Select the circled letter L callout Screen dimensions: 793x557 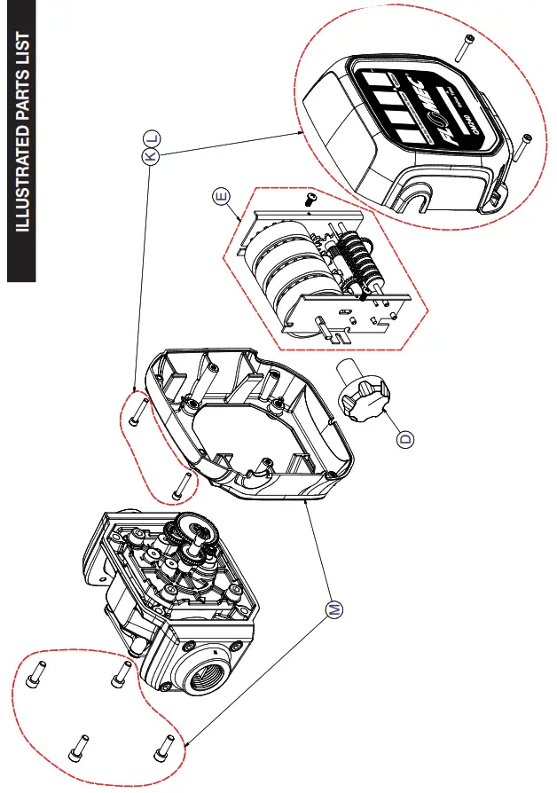click(151, 137)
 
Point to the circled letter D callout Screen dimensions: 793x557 click(405, 436)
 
